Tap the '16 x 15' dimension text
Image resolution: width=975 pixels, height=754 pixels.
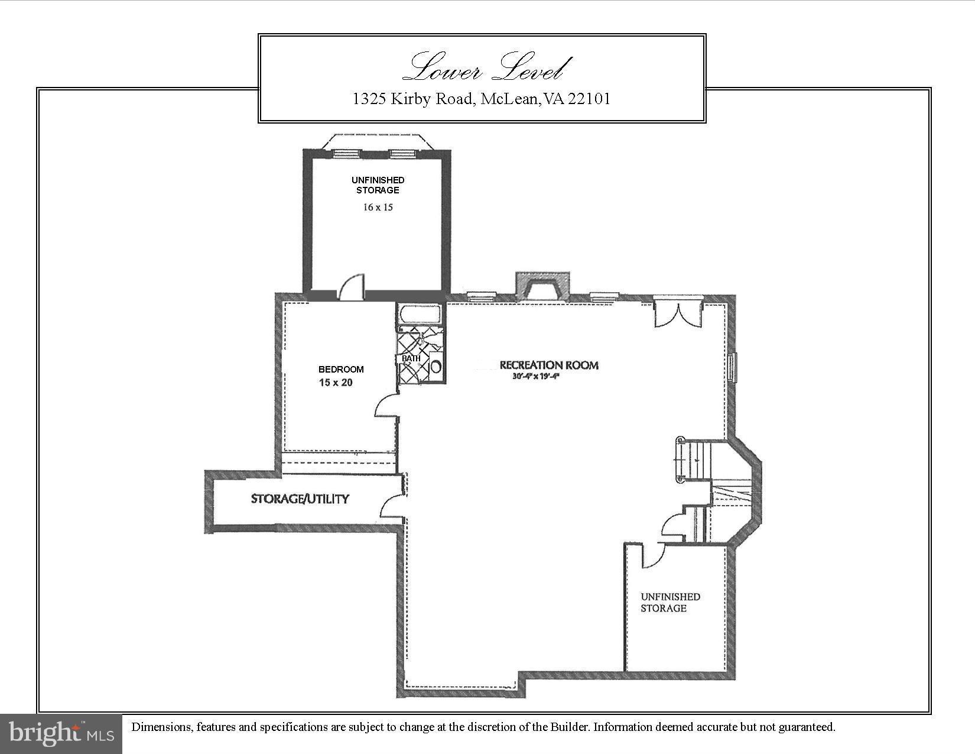tap(378, 208)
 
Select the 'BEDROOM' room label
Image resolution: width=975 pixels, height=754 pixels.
tap(341, 369)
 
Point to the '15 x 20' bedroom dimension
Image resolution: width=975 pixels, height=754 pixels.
tap(336, 383)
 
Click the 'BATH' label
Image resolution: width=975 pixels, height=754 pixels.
tap(411, 358)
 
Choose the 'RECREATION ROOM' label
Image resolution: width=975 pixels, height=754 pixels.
tap(549, 365)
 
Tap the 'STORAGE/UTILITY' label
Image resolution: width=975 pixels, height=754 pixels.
tap(300, 499)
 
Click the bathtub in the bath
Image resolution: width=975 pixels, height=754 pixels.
tap(420, 314)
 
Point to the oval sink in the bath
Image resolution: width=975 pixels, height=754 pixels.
tap(436, 366)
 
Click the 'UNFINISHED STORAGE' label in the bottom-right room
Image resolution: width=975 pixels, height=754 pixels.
tap(670, 602)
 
